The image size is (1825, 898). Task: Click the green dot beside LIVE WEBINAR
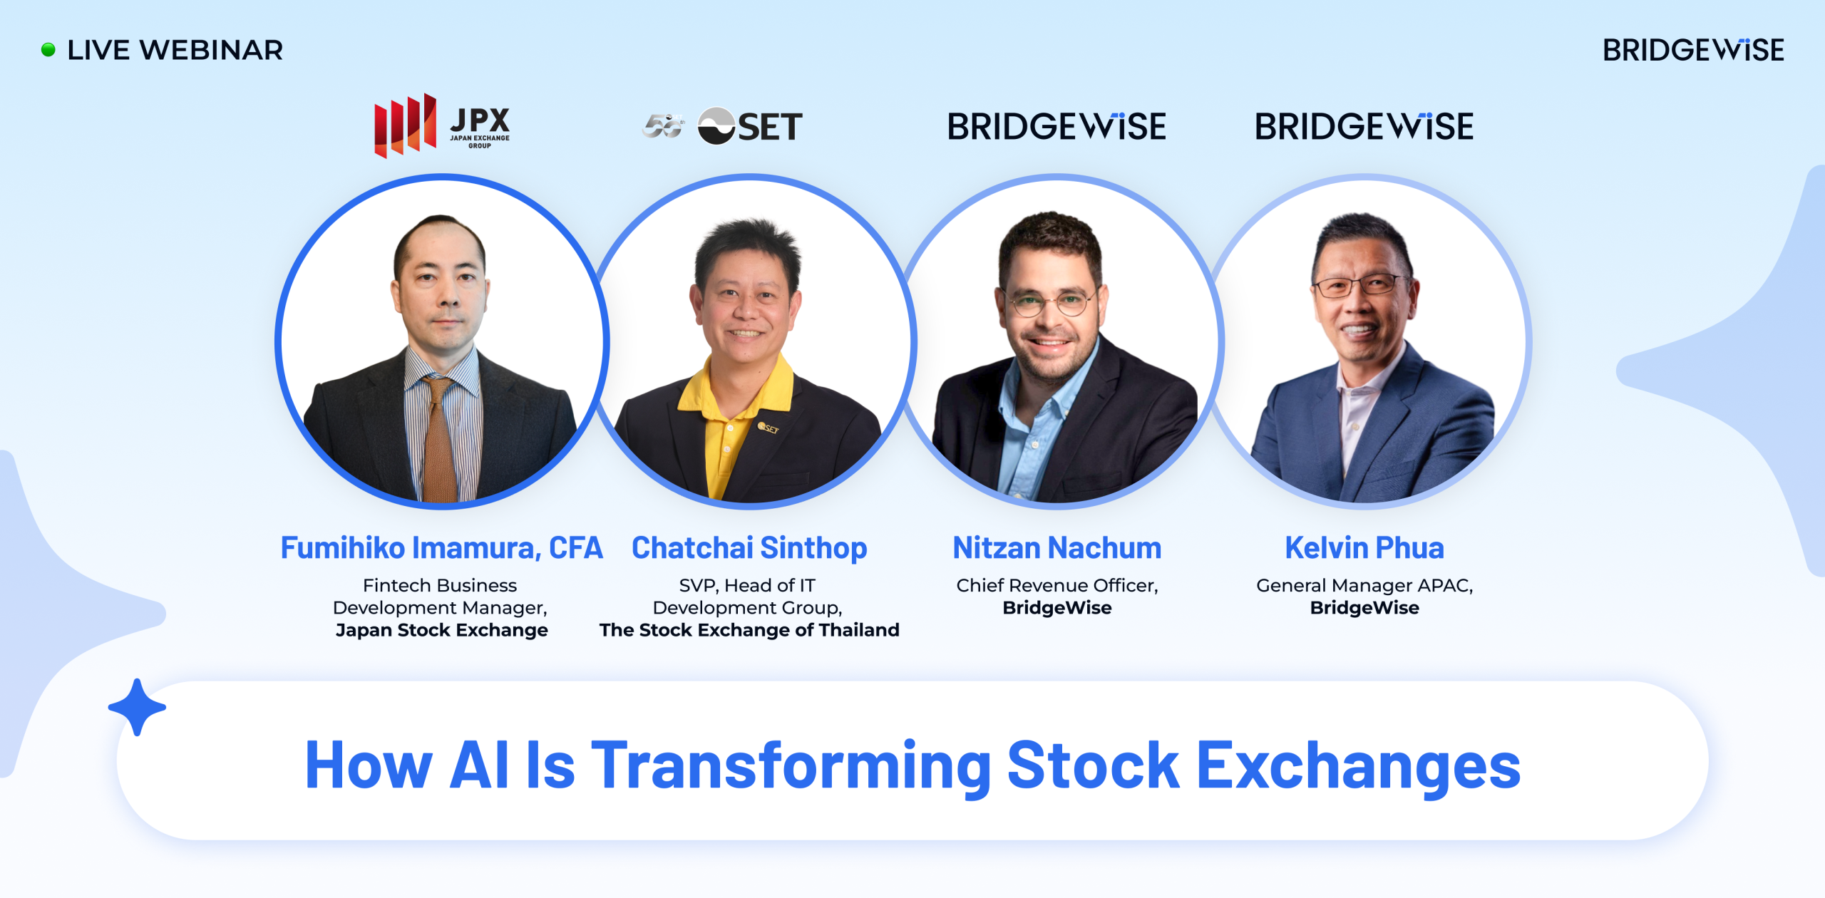[48, 50]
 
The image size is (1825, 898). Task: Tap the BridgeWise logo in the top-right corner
[1692, 51]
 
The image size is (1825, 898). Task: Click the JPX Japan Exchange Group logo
[442, 125]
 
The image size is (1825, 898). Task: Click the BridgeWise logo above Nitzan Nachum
[1057, 127]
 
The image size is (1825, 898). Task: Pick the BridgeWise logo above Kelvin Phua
[1364, 127]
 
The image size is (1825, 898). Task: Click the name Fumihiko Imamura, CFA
[441, 548]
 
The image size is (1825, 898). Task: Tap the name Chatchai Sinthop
[749, 548]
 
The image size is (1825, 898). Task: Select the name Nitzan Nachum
[1057, 548]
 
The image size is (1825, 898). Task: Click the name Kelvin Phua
[1364, 548]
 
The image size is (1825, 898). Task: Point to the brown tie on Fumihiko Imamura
[441, 442]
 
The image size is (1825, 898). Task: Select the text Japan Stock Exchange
[441, 630]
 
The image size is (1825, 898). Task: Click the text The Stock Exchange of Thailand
[749, 630]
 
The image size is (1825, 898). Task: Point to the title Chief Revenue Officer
[1057, 585]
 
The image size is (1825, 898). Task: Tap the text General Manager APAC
[1364, 585]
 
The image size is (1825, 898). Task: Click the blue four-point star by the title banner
[137, 707]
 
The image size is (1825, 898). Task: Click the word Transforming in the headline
[791, 766]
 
